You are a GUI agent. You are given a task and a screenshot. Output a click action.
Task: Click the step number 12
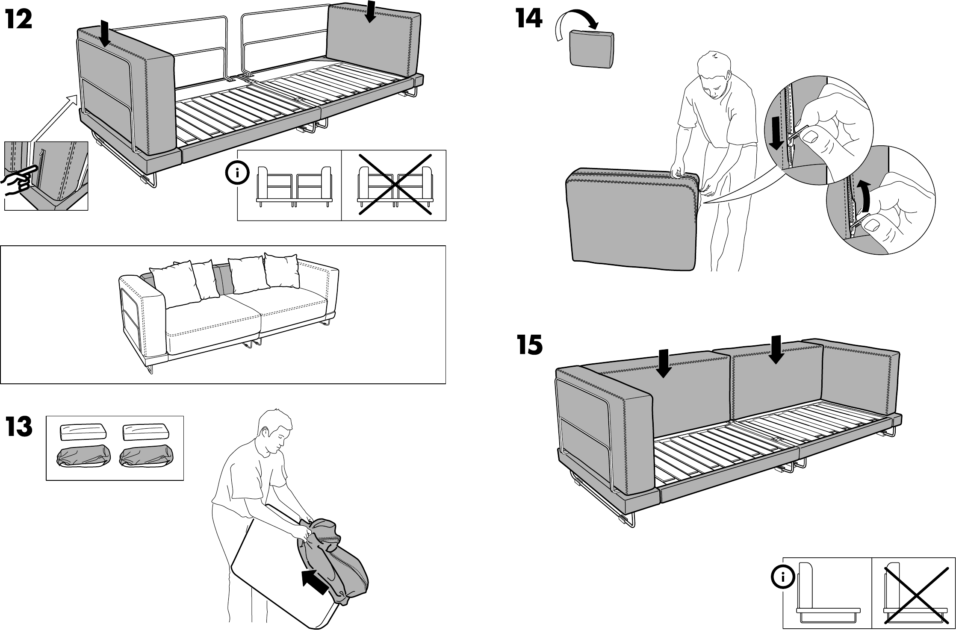(x=19, y=20)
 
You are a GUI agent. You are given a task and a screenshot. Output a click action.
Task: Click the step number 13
(x=19, y=427)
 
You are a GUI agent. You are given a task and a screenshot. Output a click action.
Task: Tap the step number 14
(x=529, y=19)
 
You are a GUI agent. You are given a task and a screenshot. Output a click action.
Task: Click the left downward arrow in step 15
(x=663, y=363)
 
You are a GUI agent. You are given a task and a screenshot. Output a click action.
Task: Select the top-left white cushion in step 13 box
(x=83, y=432)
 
